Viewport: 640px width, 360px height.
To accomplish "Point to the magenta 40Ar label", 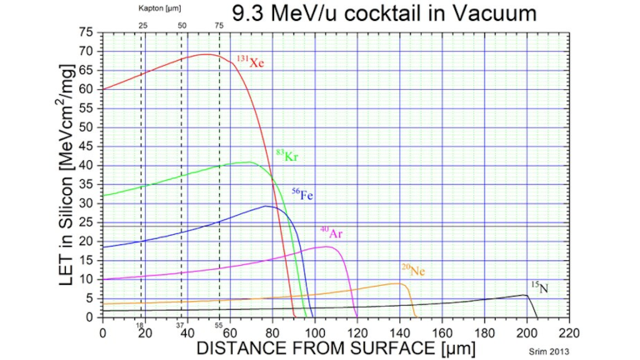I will tap(331, 232).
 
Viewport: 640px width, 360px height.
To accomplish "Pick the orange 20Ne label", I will tap(412, 269).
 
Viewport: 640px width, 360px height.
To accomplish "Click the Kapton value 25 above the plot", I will tap(142, 26).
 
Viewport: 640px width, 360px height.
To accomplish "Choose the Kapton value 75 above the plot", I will tap(219, 26).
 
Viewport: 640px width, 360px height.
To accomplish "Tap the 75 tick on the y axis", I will tap(86, 32).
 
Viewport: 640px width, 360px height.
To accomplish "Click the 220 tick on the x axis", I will tap(569, 331).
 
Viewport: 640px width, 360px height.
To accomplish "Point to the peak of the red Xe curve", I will tap(207, 54).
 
